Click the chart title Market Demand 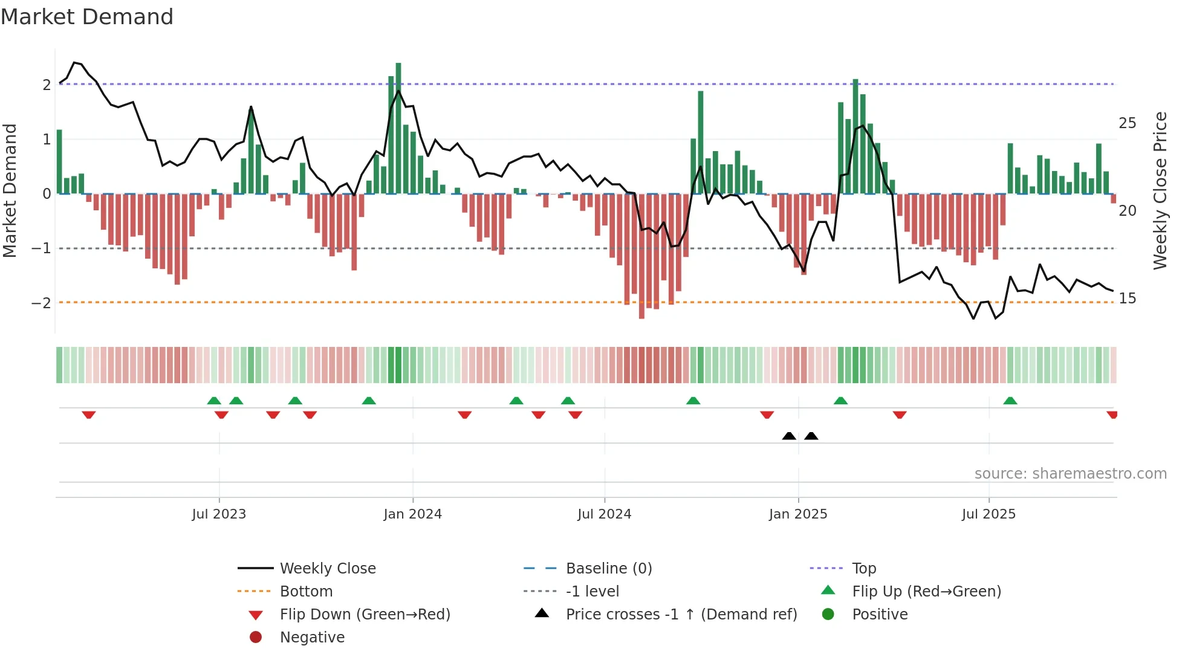(x=87, y=17)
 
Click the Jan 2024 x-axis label (x=412, y=514)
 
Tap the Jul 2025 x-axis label (x=989, y=514)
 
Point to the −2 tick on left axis (x=41, y=303)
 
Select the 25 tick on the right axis (x=1127, y=123)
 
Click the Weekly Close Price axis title (x=1160, y=190)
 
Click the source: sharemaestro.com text (x=1070, y=474)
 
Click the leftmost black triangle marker (x=788, y=436)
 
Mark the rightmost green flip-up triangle (x=1010, y=401)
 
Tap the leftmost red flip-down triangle (x=89, y=415)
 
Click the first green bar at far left (x=59, y=162)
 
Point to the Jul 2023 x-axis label (x=219, y=514)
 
